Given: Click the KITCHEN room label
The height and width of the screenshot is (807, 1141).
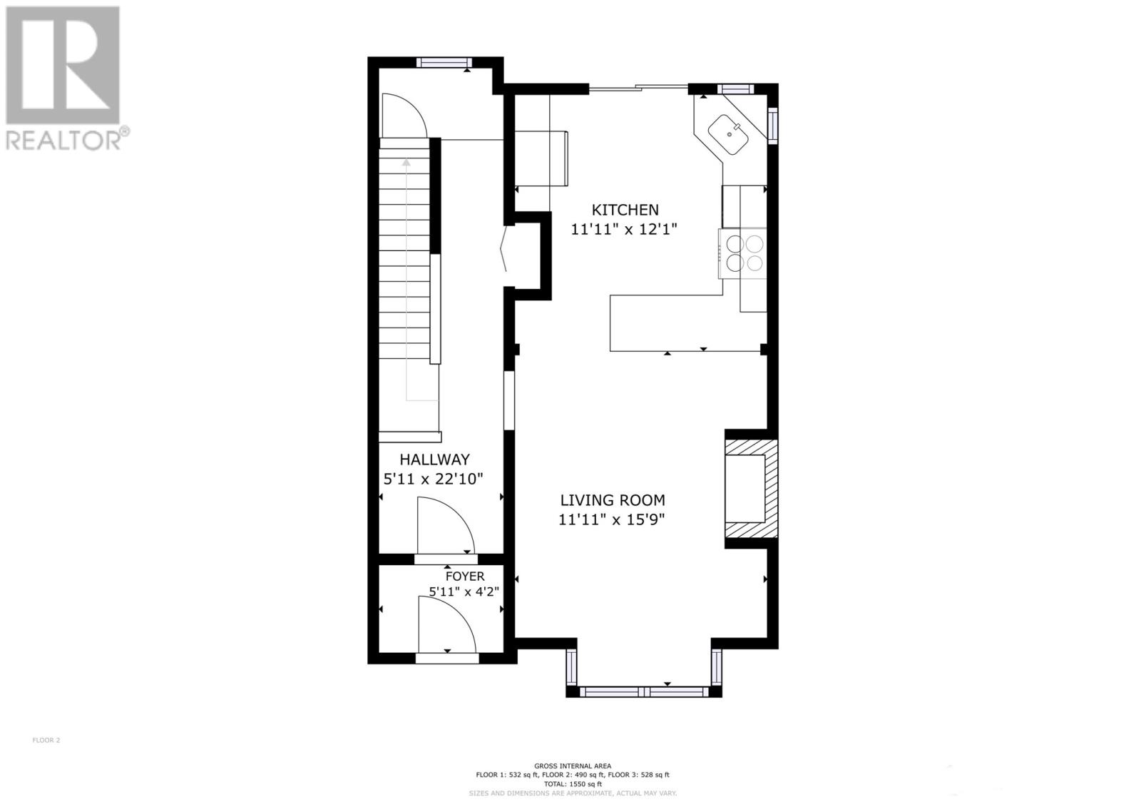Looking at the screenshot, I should point(625,210).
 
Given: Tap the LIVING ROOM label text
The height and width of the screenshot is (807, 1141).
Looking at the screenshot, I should point(612,500).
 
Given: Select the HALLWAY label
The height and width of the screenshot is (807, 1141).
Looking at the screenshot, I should point(434,460).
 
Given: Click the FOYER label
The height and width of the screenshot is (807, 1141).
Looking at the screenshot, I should point(464,576).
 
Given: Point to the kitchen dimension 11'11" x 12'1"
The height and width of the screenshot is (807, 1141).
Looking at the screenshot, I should point(623,229).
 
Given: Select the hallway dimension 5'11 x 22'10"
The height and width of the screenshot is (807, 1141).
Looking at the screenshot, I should point(434,479).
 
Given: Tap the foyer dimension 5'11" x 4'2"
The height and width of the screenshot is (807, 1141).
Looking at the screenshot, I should point(464,591).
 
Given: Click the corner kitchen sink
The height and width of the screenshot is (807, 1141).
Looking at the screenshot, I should point(728,134).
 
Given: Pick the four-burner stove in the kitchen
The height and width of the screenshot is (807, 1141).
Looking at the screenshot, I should point(744,253).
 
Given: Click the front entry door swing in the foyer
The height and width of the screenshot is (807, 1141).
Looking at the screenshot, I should point(446,624).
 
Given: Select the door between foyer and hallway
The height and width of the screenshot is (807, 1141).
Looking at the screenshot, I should point(444,527).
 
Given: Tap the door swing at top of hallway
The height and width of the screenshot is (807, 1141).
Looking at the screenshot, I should point(403,116).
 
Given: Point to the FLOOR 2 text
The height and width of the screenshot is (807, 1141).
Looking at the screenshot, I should point(46,740).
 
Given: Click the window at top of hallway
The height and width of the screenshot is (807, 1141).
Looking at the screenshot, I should point(444,62).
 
